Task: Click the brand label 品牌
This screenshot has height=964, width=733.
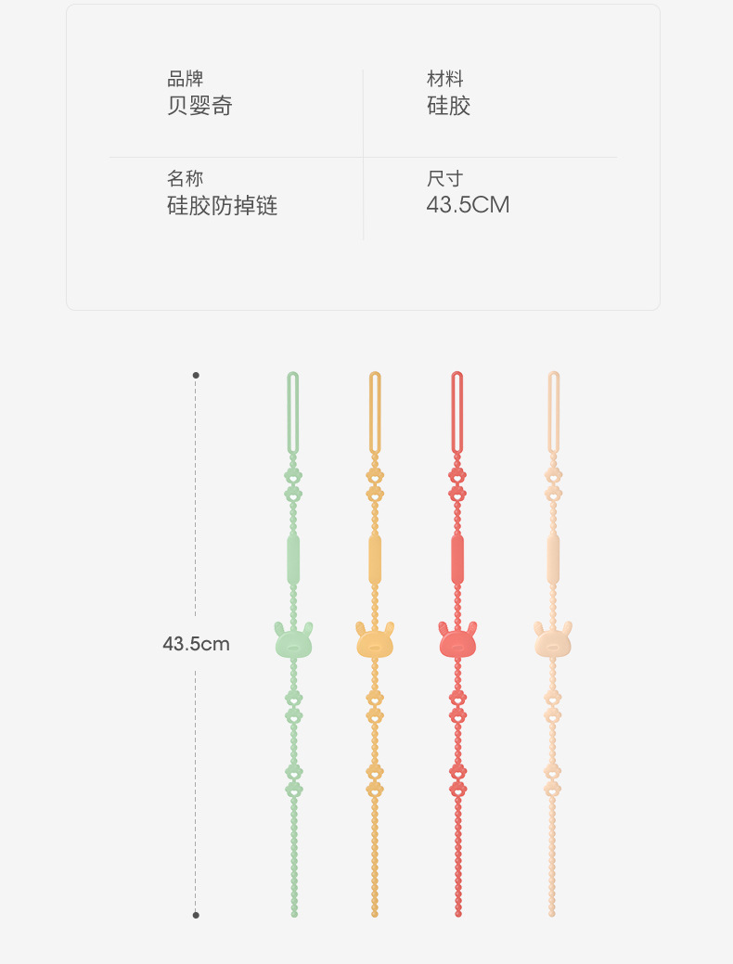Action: [185, 79]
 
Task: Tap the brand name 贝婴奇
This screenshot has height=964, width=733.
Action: [199, 106]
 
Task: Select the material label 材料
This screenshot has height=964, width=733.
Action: [444, 79]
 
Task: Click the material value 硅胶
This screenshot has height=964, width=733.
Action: [448, 106]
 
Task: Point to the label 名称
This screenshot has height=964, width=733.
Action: [185, 178]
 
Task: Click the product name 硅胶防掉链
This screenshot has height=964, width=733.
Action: [222, 205]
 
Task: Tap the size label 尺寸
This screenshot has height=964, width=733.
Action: [444, 178]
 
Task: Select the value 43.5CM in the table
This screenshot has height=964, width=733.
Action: [468, 205]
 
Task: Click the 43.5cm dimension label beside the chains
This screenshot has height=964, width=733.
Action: [196, 643]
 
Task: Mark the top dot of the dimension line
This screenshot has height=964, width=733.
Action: [195, 375]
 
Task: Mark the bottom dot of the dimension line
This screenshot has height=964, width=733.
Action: [195, 915]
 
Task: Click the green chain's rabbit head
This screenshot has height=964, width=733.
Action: [293, 640]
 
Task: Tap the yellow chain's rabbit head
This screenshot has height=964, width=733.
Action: [375, 640]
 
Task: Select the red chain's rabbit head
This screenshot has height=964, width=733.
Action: [457, 640]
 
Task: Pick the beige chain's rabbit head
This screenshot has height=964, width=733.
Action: [552, 640]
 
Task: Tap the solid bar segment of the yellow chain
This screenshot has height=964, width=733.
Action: [375, 559]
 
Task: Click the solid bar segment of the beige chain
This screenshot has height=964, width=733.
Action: [553, 559]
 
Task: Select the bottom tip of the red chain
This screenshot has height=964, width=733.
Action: [457, 913]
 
